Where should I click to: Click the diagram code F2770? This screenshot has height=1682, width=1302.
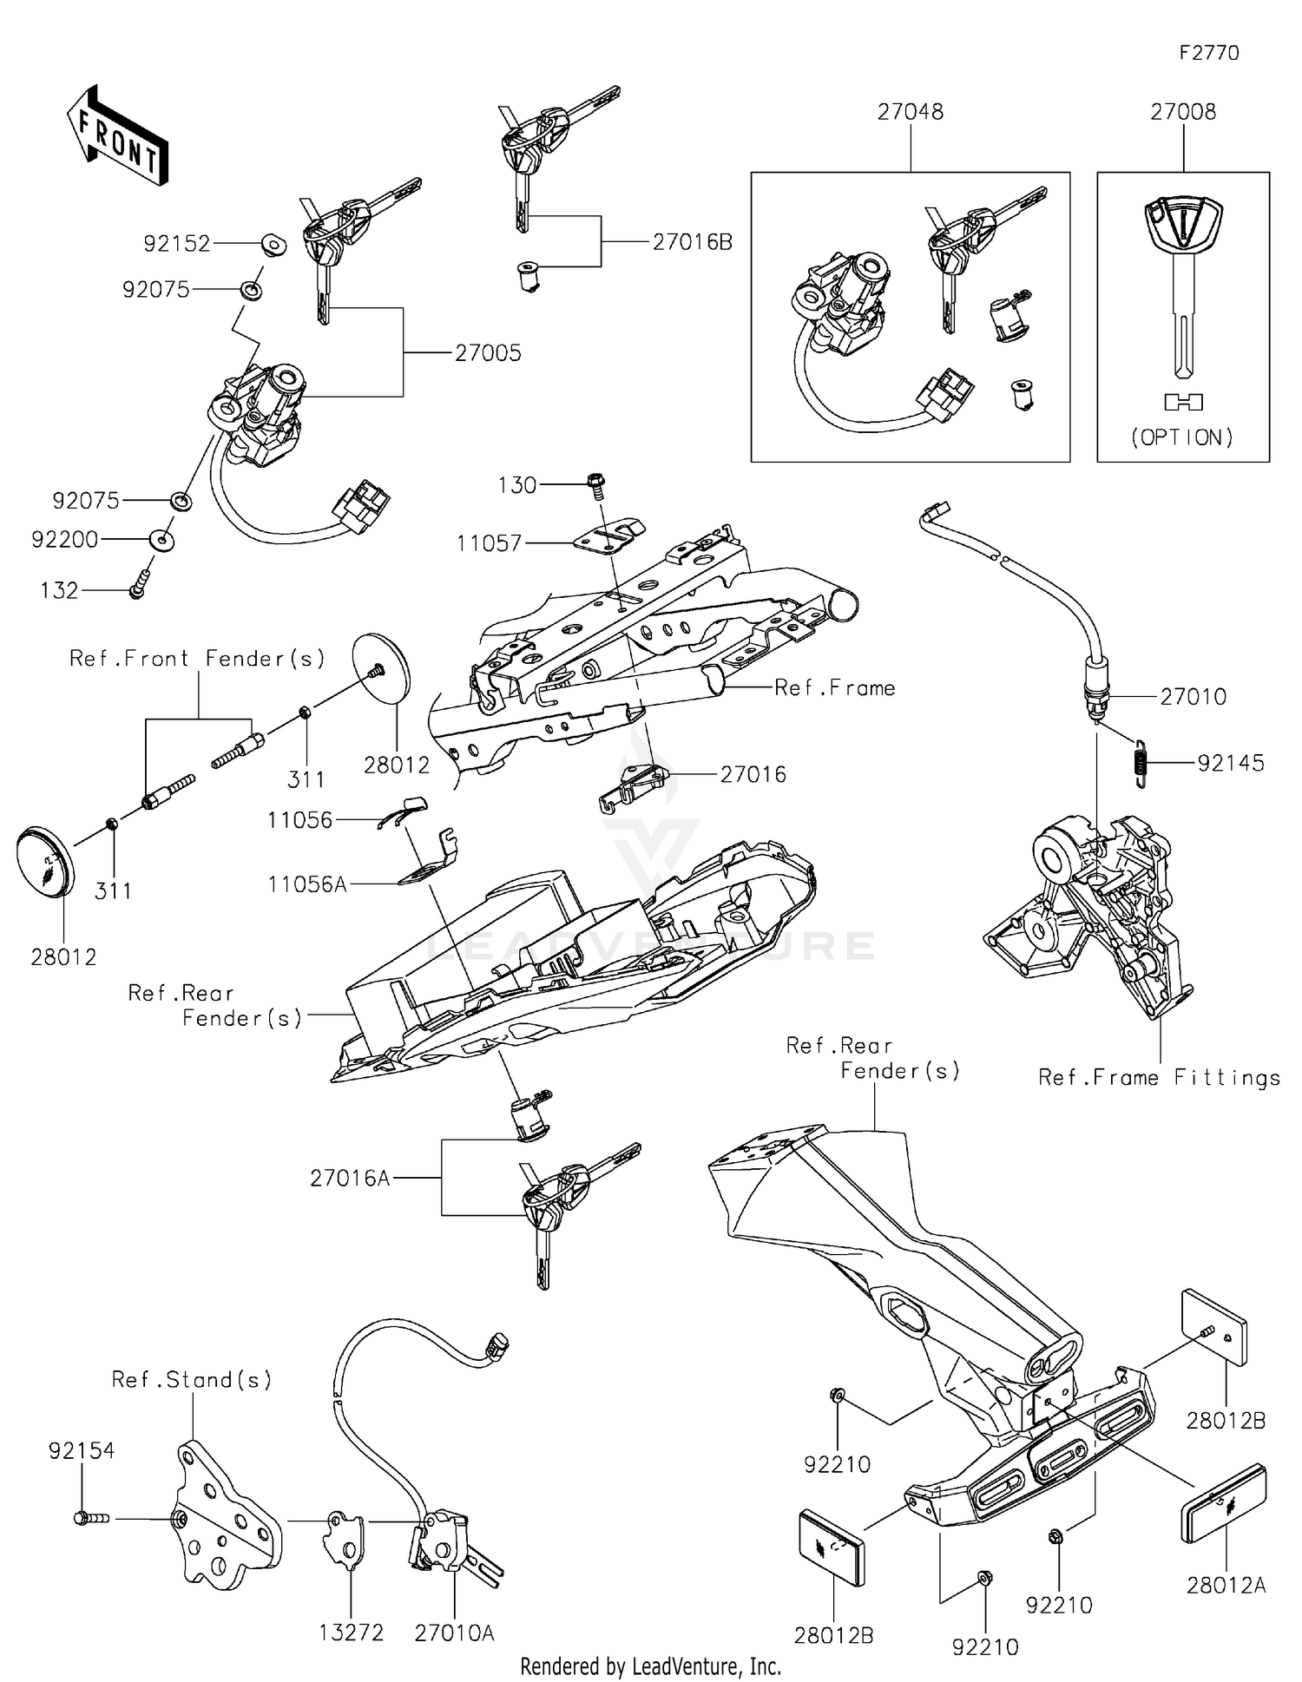[x=1208, y=53]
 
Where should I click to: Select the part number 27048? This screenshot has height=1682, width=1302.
[x=910, y=112]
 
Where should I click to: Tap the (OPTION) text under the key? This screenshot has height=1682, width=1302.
[x=1182, y=437]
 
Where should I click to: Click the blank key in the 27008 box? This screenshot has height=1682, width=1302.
[x=1183, y=286]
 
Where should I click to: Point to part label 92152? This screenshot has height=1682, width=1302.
[x=177, y=244]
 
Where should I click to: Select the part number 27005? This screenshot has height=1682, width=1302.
[x=488, y=353]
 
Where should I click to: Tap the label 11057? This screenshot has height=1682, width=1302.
[x=490, y=543]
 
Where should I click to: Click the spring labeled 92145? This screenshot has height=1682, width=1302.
[x=1141, y=762]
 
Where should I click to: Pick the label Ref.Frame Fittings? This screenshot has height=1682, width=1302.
[x=1159, y=1078]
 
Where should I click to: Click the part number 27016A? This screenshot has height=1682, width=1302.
[x=350, y=1178]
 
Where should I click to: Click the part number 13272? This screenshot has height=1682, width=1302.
[x=351, y=1633]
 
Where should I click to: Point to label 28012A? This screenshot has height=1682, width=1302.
[x=1226, y=1586]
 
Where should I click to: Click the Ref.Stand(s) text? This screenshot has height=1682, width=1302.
[x=192, y=1379]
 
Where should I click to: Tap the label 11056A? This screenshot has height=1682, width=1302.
[x=307, y=884]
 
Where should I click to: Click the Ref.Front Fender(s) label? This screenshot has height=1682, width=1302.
[x=197, y=659]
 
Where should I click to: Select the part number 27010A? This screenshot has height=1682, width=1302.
[x=454, y=1633]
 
